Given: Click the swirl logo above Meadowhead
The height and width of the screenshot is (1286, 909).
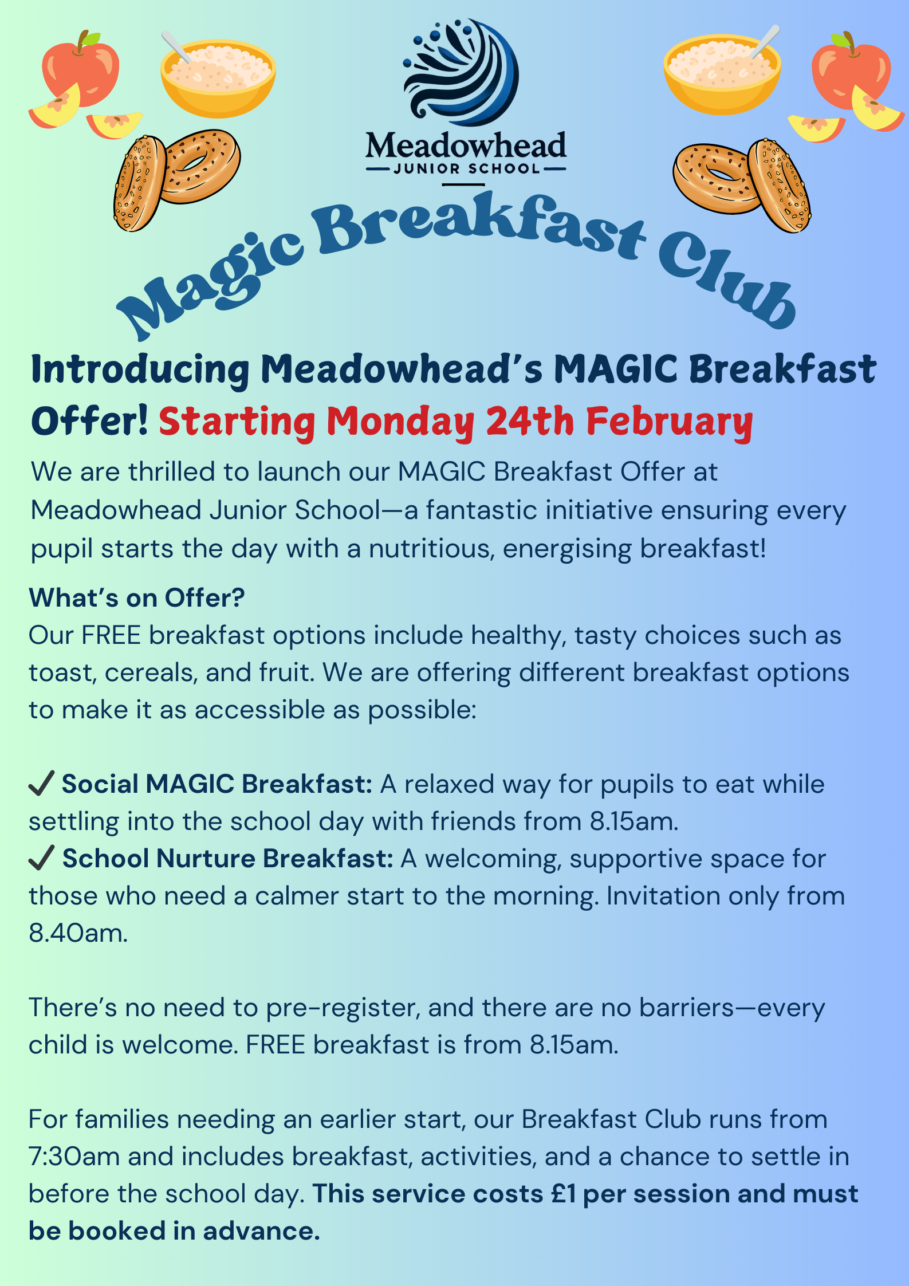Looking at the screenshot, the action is (462, 72).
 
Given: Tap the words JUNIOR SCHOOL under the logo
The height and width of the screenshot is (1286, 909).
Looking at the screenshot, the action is (466, 168).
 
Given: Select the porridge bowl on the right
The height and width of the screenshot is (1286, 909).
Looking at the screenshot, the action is (722, 73).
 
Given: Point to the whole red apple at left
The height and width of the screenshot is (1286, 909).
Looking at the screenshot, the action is (81, 69).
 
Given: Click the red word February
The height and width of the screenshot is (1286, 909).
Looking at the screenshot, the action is (669, 423).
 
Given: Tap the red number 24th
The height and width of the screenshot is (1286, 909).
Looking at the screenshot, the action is (530, 422).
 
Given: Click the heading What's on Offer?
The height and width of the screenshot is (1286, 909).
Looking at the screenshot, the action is (137, 598).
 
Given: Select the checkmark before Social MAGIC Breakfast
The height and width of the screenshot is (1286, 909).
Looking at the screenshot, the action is (41, 783).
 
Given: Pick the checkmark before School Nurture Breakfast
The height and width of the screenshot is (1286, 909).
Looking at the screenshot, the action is (41, 858).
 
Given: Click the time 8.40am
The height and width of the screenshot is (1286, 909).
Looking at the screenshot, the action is (78, 933).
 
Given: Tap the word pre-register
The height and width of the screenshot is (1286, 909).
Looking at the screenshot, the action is (343, 1008).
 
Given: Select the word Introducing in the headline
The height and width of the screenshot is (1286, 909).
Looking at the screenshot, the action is (140, 369).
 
